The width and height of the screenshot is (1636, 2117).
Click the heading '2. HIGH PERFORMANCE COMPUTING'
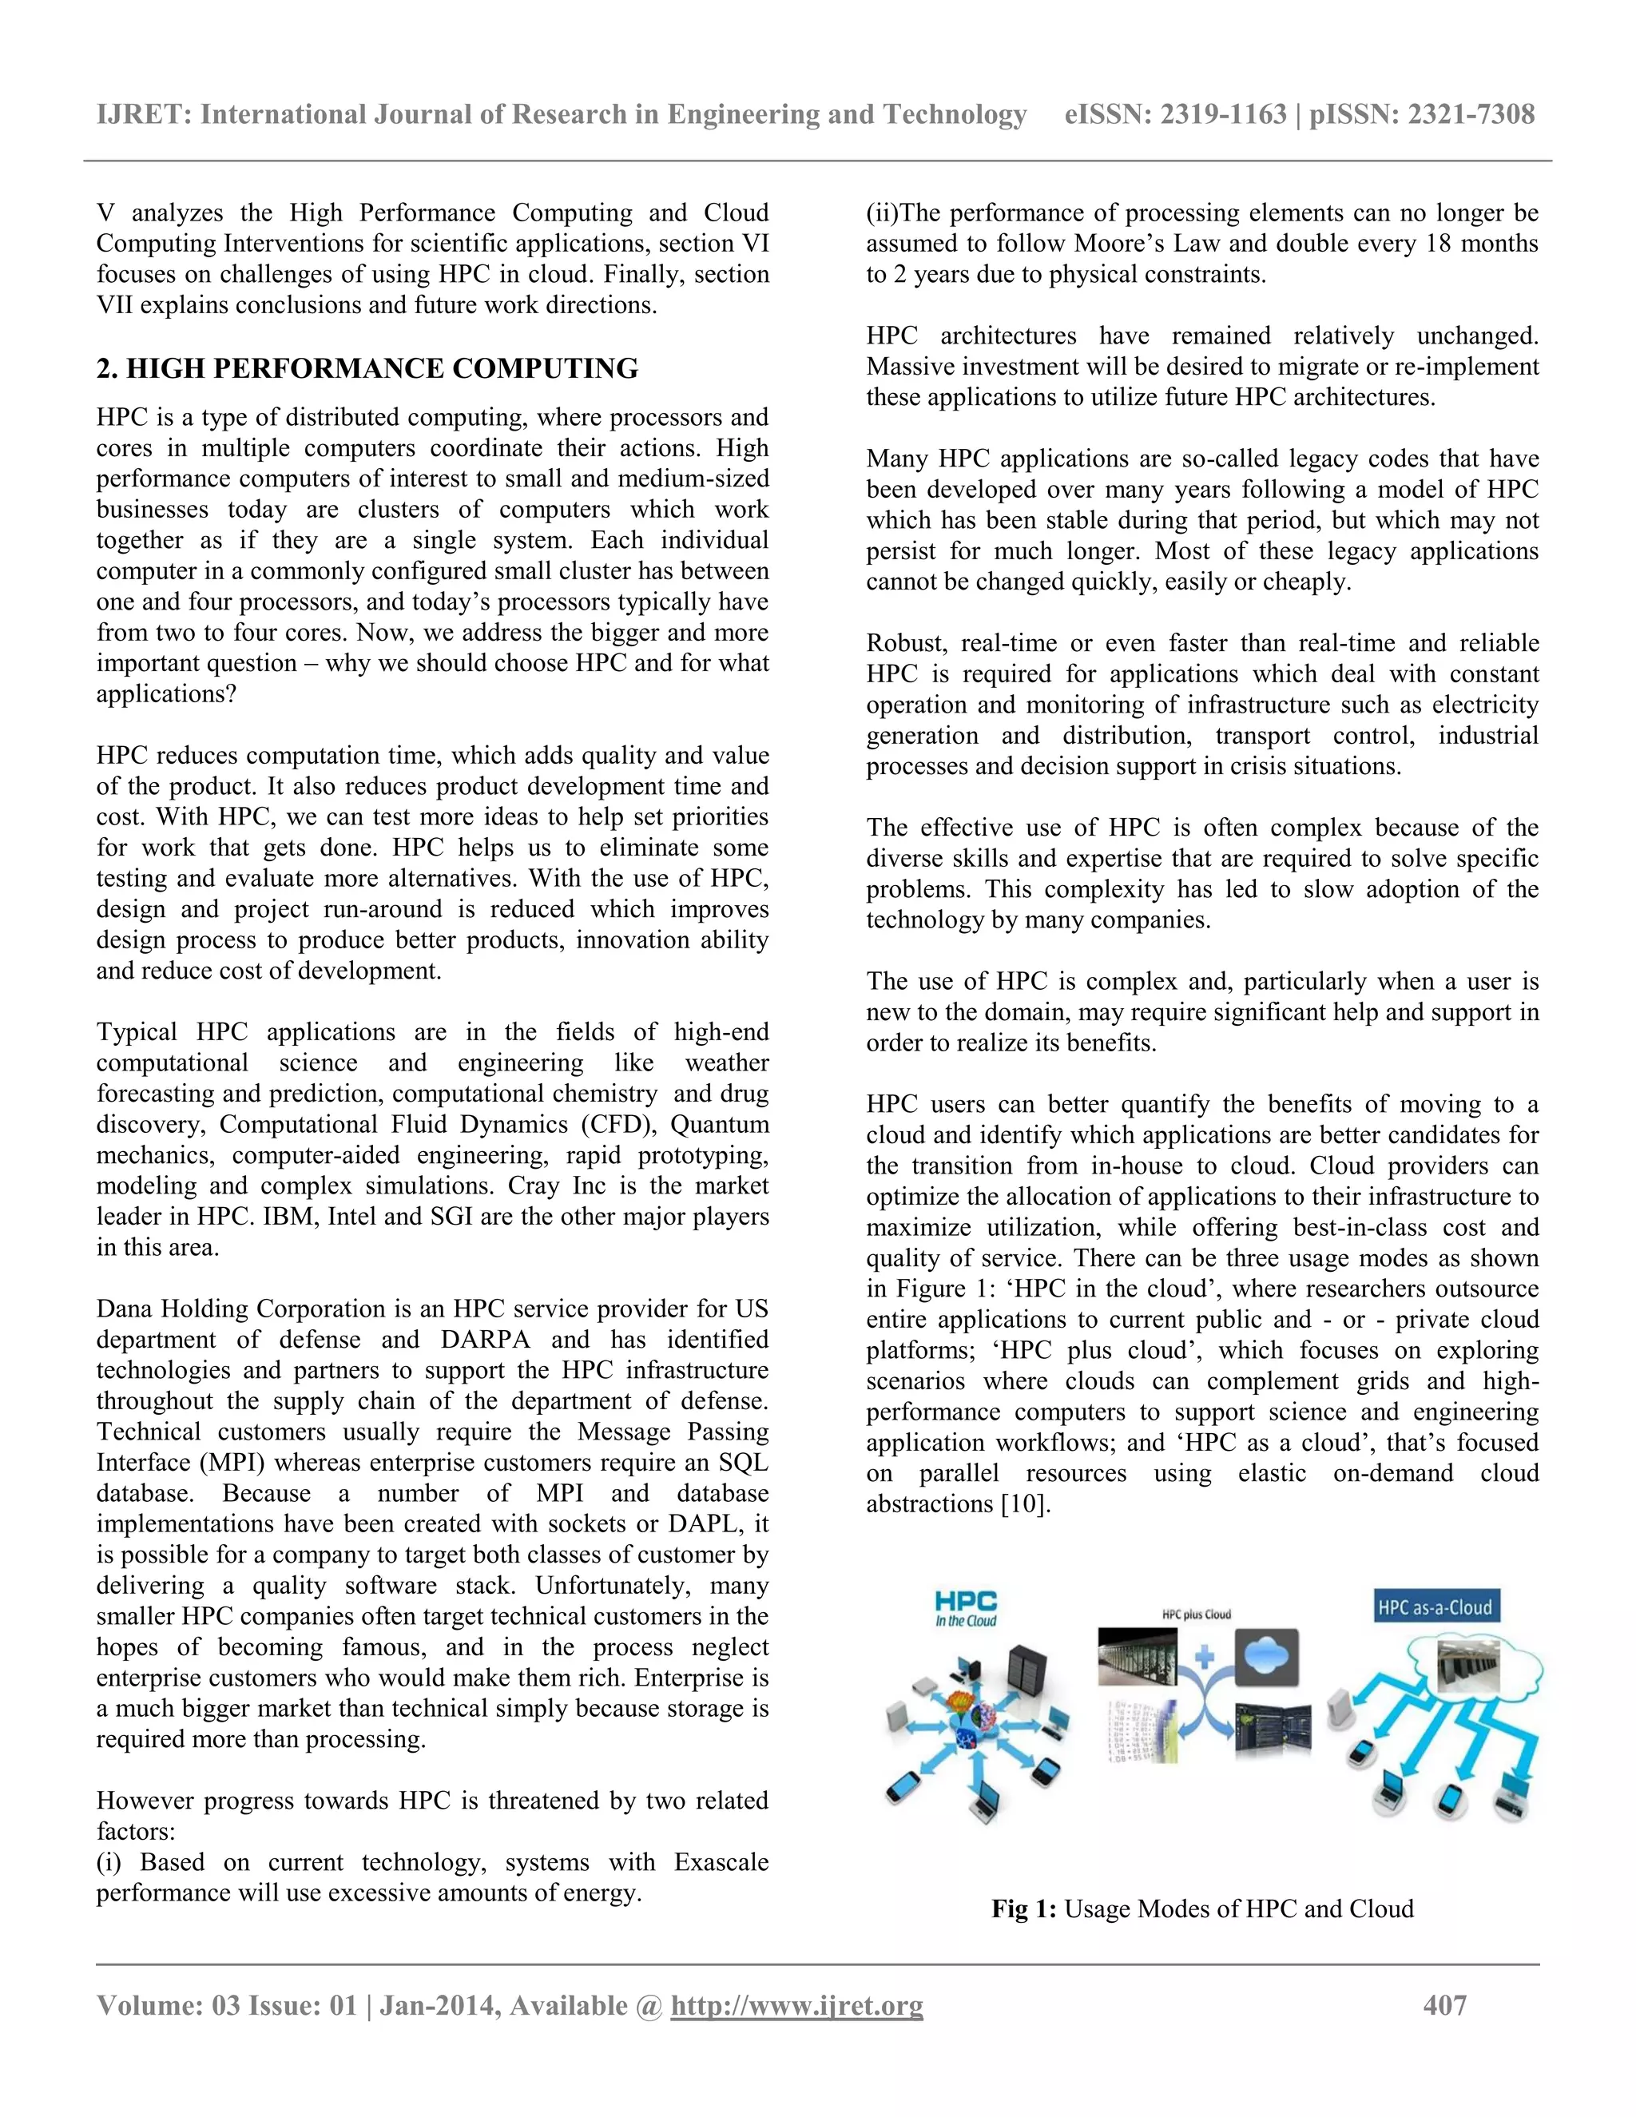click(x=367, y=368)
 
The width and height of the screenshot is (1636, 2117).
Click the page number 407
click(x=1444, y=2004)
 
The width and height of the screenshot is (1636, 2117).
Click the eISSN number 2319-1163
click(x=1223, y=114)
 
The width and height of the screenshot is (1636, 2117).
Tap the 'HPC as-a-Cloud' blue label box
click(x=1435, y=1607)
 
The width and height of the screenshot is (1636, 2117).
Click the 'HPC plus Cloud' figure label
click(x=1196, y=1614)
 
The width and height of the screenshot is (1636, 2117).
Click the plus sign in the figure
click(x=1204, y=1657)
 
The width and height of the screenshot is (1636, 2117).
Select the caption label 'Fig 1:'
click(x=1023, y=1908)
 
